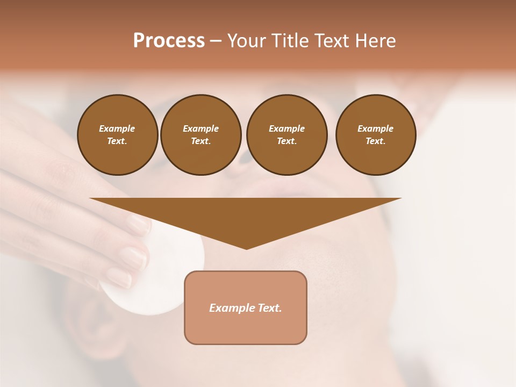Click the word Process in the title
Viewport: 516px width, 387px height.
tap(169, 41)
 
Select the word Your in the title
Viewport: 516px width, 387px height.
tap(246, 41)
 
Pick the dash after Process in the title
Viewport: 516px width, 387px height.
tap(216, 41)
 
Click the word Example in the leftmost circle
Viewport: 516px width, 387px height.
tap(117, 128)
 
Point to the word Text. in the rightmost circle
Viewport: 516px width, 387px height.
tap(376, 141)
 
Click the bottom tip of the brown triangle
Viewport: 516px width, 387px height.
tap(246, 248)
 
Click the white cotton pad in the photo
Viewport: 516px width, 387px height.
tap(161, 279)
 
